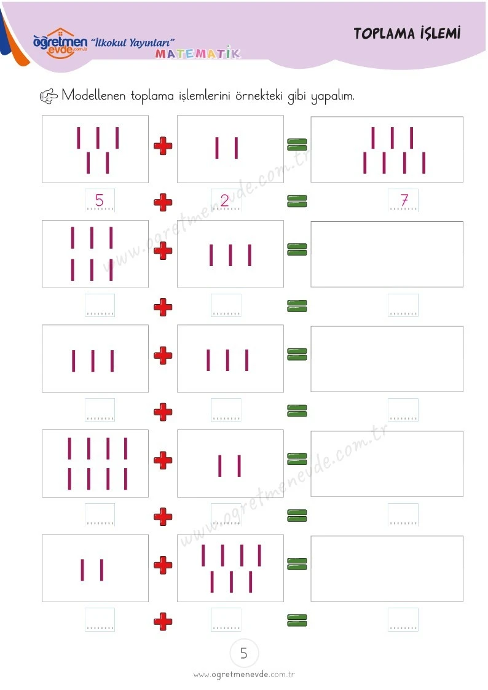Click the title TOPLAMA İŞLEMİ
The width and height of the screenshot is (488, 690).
[x=407, y=33]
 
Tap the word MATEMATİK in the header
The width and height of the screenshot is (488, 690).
[x=197, y=53]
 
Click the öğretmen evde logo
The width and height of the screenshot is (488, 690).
[x=60, y=43]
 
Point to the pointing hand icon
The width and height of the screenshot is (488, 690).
[x=49, y=96]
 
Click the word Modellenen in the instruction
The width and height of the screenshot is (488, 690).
[x=93, y=95]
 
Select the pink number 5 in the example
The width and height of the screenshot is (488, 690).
[x=100, y=200]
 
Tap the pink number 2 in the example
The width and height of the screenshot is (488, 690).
[x=224, y=201]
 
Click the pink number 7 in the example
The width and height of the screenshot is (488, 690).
[x=404, y=200]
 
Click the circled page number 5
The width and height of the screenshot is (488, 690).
[x=244, y=653]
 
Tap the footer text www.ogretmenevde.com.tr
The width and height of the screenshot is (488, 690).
[x=244, y=675]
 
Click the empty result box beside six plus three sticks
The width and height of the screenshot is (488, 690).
[x=387, y=254]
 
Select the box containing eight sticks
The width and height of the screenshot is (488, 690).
[x=95, y=463]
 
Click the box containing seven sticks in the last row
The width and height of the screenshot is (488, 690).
[x=230, y=568]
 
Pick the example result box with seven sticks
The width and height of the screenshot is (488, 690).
[x=387, y=149]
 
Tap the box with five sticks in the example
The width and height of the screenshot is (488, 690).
[x=95, y=149]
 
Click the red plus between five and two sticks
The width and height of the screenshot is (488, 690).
[x=163, y=146]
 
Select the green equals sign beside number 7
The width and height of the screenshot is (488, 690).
[x=297, y=201]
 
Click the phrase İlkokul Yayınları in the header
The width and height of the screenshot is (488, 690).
[x=133, y=42]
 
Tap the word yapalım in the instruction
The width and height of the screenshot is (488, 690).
[x=333, y=96]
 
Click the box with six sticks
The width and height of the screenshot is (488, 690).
[x=95, y=254]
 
